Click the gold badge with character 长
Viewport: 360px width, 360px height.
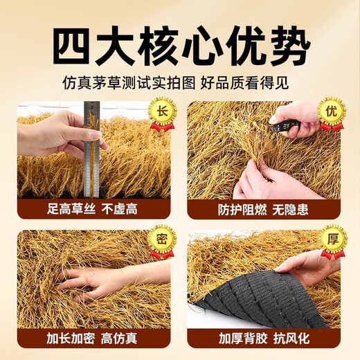pos(162,112)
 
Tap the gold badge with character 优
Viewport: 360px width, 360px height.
pos(331,112)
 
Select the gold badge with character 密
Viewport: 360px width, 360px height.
pos(162,240)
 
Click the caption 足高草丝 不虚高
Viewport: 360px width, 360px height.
pos(93,208)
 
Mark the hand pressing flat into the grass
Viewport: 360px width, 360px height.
pos(97,277)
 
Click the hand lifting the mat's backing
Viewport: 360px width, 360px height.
pos(305,267)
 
